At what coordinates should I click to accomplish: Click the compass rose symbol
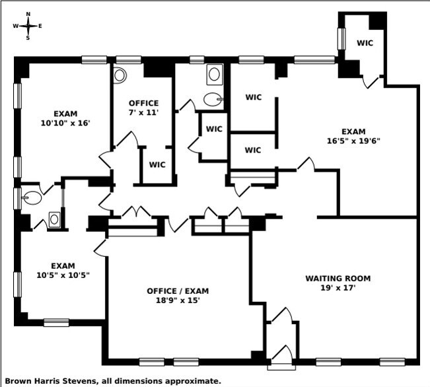pos(28,26)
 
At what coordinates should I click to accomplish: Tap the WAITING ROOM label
pos(338,278)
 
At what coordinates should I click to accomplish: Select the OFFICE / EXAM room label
pos(178,291)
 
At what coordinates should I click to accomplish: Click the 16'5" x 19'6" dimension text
pos(353,141)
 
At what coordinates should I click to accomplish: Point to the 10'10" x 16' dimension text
pos(65,122)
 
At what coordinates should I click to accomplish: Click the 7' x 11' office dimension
pos(143,112)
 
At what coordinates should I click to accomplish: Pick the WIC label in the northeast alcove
pos(365,43)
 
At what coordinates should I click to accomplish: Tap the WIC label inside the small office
pos(157,164)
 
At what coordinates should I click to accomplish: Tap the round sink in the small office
pos(120,75)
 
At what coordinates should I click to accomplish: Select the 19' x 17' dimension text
pos(338,287)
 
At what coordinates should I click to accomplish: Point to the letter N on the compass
pos(28,14)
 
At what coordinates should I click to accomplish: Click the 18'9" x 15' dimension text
pos(178,300)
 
